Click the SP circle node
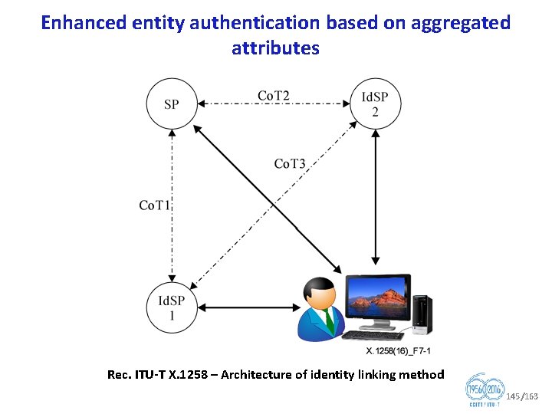click(x=172, y=103)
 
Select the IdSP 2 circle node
click(x=375, y=104)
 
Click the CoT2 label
click(x=274, y=96)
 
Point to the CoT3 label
click(x=290, y=163)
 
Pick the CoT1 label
click(x=155, y=205)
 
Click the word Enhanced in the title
click(x=76, y=23)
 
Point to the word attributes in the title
click(x=275, y=48)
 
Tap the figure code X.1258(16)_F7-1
click(x=399, y=351)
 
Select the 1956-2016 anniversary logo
click(x=485, y=393)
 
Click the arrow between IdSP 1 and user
click(x=241, y=308)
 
